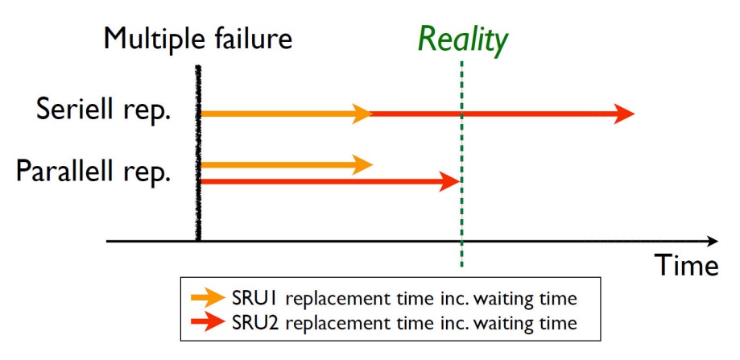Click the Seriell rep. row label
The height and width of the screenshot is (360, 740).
[x=103, y=110]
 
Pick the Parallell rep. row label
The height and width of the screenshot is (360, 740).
[x=93, y=171]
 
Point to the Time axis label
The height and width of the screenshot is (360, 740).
[x=687, y=265]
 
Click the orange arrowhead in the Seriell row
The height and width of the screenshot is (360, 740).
[x=363, y=114]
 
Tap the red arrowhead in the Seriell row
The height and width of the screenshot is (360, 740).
[x=624, y=114]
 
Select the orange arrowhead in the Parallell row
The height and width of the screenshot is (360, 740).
[x=363, y=164]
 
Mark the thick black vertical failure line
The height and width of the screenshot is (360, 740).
[x=198, y=152]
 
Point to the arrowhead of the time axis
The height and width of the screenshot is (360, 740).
[x=713, y=241]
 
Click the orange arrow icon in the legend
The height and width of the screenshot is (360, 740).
[x=208, y=298]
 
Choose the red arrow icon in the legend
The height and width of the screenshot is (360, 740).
[x=208, y=322]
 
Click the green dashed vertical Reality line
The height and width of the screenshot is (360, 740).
[x=461, y=163]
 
